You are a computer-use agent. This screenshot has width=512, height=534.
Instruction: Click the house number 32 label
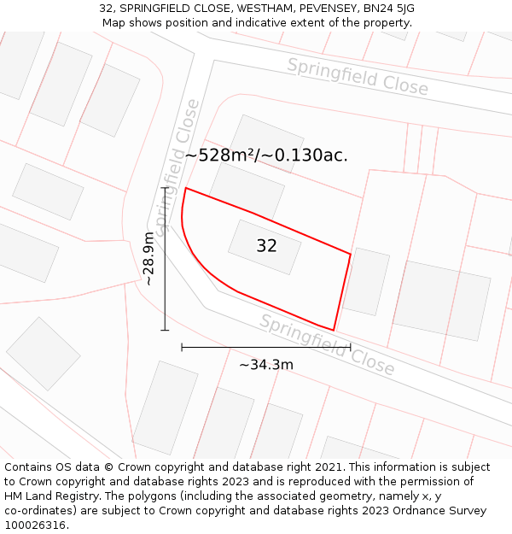(x=266, y=246)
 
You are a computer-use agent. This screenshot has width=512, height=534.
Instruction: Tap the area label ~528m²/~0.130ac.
(x=266, y=155)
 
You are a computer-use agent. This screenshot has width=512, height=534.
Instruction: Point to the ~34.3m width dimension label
(x=266, y=365)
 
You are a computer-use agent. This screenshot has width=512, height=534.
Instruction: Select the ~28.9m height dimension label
(x=148, y=258)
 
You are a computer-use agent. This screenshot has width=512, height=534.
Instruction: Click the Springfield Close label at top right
(x=358, y=77)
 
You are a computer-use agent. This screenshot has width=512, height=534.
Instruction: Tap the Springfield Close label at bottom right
(x=328, y=344)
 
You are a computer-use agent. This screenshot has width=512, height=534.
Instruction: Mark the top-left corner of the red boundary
(x=186, y=188)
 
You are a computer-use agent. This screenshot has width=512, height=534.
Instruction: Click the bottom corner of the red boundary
(x=334, y=330)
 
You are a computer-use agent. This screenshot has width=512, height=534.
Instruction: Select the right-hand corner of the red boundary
(x=351, y=254)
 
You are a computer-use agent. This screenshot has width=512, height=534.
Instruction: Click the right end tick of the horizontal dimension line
(x=351, y=347)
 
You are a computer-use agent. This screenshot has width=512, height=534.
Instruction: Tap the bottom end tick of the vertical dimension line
(x=165, y=330)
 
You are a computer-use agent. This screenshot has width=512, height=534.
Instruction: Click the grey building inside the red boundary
(x=265, y=247)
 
